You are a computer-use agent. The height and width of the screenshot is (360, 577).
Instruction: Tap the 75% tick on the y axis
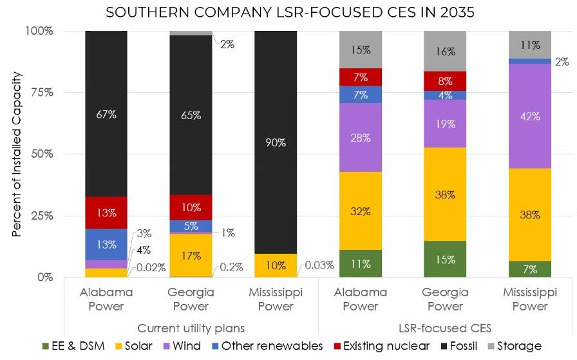click(x=41, y=92)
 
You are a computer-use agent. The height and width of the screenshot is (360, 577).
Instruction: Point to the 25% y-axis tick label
click(x=41, y=215)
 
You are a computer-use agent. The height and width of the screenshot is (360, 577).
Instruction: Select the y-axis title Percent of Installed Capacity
click(x=17, y=154)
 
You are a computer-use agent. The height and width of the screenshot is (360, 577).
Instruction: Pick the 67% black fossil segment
click(x=106, y=114)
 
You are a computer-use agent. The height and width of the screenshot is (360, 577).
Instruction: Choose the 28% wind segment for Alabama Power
click(x=361, y=137)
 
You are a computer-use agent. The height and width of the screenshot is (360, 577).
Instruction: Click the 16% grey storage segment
click(x=445, y=51)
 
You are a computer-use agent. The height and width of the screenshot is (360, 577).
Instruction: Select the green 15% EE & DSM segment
click(x=445, y=259)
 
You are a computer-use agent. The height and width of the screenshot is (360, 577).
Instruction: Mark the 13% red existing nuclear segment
click(x=106, y=213)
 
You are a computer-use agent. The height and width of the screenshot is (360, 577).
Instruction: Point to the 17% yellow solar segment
click(x=191, y=255)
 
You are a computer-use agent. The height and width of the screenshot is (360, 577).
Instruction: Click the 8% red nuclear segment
click(x=445, y=81)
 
